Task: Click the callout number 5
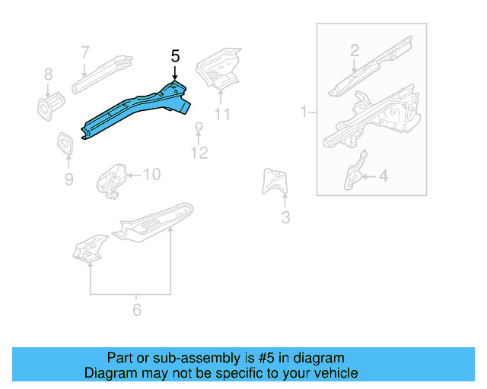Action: click(175, 55)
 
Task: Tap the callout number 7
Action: click(85, 52)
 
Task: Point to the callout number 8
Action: click(48, 74)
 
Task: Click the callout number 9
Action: click(68, 179)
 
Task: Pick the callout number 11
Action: click(221, 115)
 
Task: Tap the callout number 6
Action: click(137, 309)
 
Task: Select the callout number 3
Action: click(285, 219)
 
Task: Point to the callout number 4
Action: click(383, 176)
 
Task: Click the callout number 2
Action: click(355, 51)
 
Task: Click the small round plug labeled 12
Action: click(198, 126)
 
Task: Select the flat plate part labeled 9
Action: click(65, 143)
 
